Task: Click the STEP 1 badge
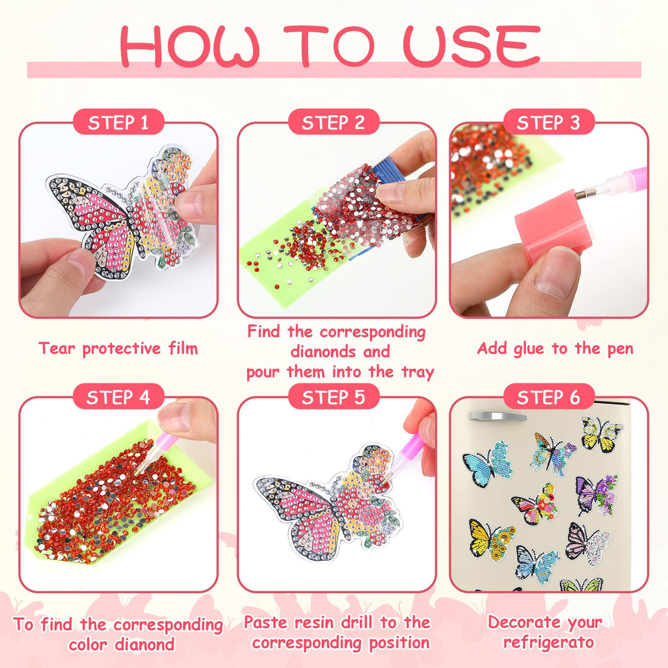click(x=118, y=122)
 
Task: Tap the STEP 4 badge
click(x=118, y=397)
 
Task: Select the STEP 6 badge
click(x=548, y=397)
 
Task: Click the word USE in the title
click(x=472, y=46)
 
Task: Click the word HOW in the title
click(x=190, y=46)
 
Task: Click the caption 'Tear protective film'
click(x=118, y=348)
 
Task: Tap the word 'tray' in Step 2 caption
click(x=418, y=371)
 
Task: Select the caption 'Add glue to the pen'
click(x=555, y=348)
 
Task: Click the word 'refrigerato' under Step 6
click(x=548, y=642)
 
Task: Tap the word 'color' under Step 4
click(x=87, y=644)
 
